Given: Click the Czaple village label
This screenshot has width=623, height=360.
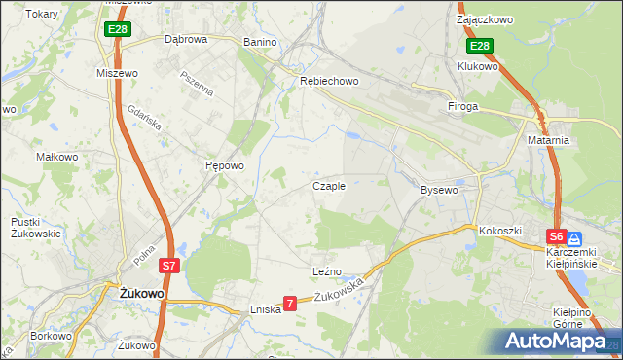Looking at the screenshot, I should click(x=328, y=186).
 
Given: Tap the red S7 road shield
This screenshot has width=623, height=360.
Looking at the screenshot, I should click(x=168, y=265).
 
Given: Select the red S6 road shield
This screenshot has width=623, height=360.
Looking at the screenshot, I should click(x=556, y=236).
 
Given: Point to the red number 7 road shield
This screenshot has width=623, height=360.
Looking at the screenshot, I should click(x=289, y=305).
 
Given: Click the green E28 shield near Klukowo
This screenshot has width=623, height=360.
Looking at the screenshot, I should click(x=479, y=46).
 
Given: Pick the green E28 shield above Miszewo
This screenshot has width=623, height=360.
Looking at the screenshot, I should click(x=118, y=30).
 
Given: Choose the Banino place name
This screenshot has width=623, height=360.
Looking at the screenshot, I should click(x=260, y=42).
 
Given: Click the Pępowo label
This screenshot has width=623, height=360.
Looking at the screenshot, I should click(x=224, y=166).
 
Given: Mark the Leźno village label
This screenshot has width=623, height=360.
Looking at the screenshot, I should click(x=326, y=270).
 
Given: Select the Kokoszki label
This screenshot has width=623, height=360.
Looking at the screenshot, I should click(x=500, y=231).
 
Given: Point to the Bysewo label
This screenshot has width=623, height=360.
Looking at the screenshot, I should click(x=438, y=190).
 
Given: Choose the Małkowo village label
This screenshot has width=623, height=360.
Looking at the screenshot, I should click(x=56, y=156).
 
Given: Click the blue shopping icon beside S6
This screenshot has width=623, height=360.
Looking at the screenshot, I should click(x=575, y=237).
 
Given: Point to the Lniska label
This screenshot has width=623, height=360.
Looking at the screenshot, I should click(x=265, y=309).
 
